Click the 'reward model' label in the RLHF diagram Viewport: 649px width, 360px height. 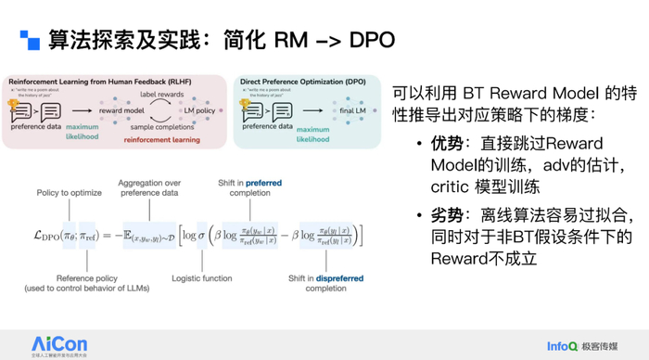pos(121,110)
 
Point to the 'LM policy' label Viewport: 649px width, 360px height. pos(197,110)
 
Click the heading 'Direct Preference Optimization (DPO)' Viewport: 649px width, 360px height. pos(301,82)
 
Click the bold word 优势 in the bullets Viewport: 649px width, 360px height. pos(444,143)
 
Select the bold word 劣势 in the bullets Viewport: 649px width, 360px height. pos(444,213)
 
